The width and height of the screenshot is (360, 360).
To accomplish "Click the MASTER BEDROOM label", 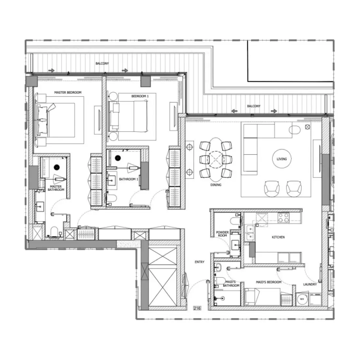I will click(x=68, y=93).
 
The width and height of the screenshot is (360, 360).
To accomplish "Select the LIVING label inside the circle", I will click(x=281, y=159).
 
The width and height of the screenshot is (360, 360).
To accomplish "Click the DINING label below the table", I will click(x=216, y=185).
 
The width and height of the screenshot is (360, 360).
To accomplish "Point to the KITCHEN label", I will click(x=278, y=237).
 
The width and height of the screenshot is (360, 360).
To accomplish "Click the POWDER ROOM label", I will click(x=222, y=234).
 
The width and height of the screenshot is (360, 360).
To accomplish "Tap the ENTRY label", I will click(x=199, y=262).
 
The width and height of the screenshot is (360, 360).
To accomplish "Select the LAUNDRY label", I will click(x=310, y=284).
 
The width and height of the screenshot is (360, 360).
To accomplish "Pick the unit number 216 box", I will click(x=197, y=308).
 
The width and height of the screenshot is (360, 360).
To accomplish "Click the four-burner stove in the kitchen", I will click(x=283, y=218).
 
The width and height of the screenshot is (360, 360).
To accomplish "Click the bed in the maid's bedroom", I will click(x=262, y=297).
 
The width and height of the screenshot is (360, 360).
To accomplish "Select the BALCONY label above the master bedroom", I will click(x=102, y=63).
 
